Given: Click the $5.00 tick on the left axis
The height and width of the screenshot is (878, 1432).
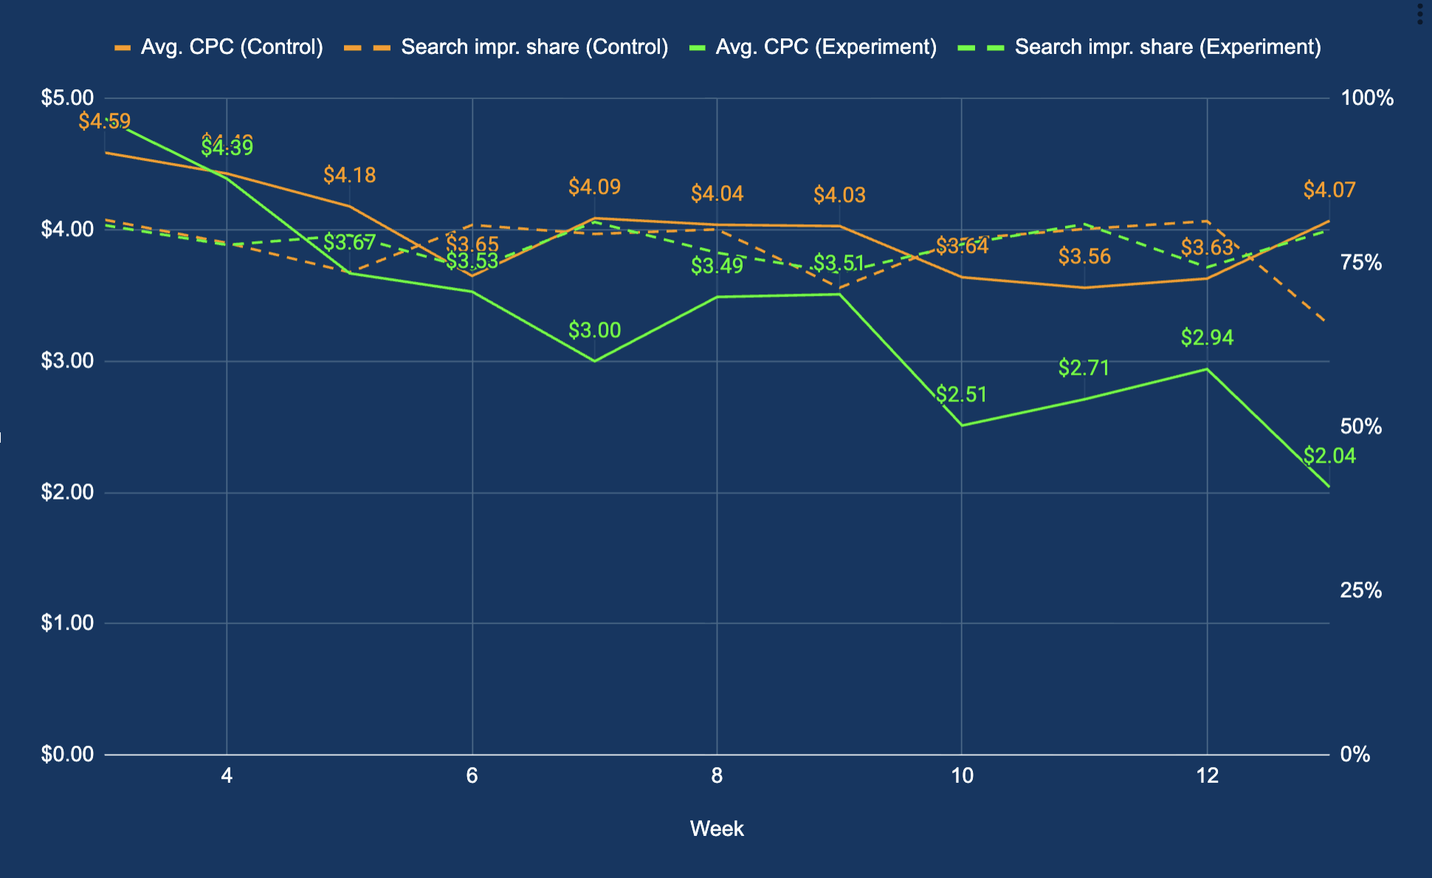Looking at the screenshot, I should (x=67, y=98).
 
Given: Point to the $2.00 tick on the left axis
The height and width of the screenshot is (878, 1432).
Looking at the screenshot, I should (x=67, y=492).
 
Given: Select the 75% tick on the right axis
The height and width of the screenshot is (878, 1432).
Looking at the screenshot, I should (x=1360, y=263).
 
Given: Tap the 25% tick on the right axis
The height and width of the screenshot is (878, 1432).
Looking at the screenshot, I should (x=1360, y=590).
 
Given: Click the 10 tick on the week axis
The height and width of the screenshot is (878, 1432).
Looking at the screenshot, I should (x=961, y=776).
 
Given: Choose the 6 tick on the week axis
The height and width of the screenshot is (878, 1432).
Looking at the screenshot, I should (x=472, y=776).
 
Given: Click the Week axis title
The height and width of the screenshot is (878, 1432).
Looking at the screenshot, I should (x=716, y=829).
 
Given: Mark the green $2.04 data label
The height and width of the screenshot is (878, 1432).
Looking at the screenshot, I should (x=1329, y=456).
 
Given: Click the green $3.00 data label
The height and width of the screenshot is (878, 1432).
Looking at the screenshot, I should (x=594, y=330).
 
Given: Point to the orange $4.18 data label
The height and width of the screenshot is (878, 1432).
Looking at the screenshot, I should (x=349, y=176).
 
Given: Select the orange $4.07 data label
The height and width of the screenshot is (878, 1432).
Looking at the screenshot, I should (x=1329, y=190).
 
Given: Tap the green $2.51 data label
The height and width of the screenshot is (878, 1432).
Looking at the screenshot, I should (x=961, y=395).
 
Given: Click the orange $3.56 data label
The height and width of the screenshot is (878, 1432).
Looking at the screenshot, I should (x=1084, y=257).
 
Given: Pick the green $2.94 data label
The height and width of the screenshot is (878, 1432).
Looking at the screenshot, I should (x=1207, y=338).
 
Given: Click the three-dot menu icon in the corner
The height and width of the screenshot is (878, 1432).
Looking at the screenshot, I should (x=1419, y=13).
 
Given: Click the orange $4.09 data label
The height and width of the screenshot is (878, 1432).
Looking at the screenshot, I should (x=594, y=187).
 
